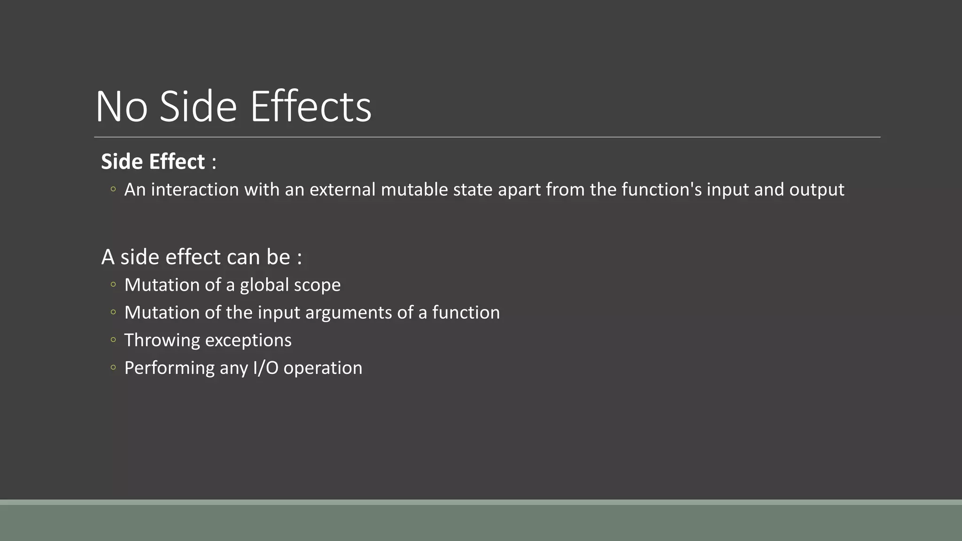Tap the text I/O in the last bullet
click(x=265, y=368)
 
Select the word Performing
click(x=169, y=368)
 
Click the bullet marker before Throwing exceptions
click(x=113, y=340)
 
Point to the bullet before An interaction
click(x=113, y=189)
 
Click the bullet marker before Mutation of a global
click(x=113, y=284)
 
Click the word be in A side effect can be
click(x=279, y=257)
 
